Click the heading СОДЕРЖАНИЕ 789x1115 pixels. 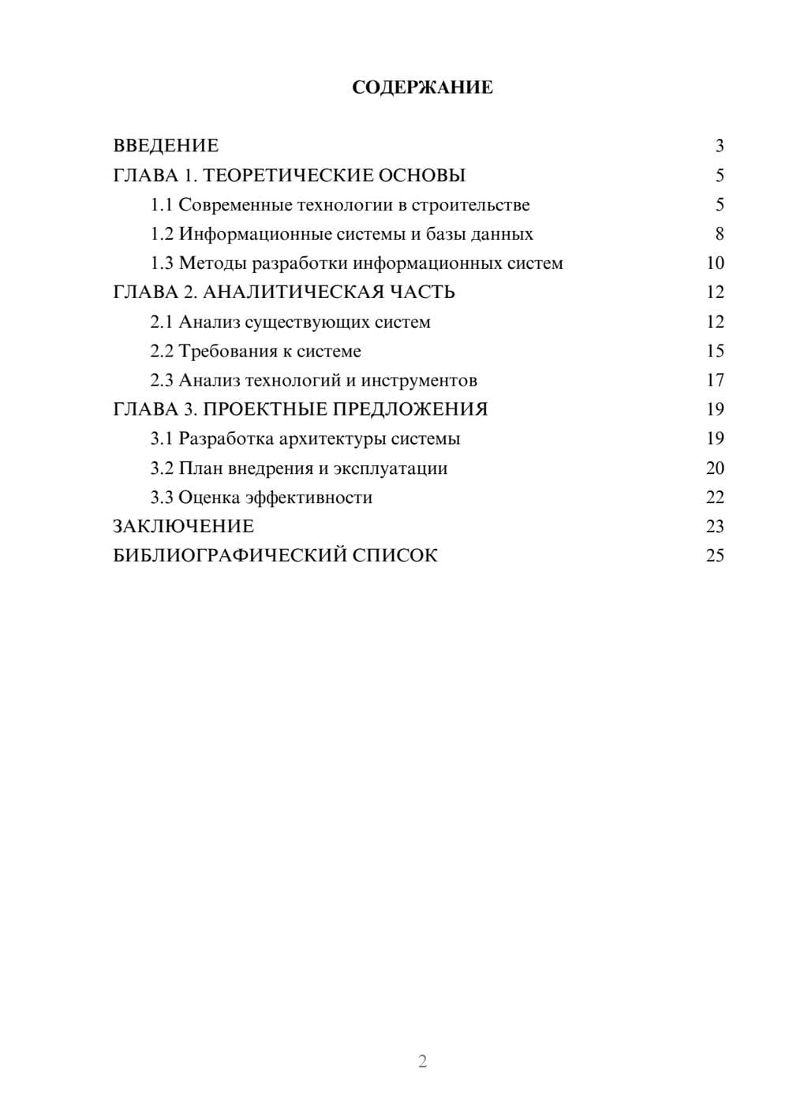pyautogui.click(x=422, y=88)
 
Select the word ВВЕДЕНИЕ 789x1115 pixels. pyautogui.click(x=166, y=146)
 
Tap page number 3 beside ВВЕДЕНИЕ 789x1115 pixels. pyautogui.click(x=719, y=146)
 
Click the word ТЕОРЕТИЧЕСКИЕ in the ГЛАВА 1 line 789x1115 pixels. pyautogui.click(x=283, y=175)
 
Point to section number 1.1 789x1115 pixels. pyautogui.click(x=162, y=205)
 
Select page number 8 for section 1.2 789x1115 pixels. pyautogui.click(x=719, y=234)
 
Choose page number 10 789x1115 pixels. pyautogui.click(x=715, y=263)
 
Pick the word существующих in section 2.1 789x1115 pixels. pyautogui.click(x=303, y=322)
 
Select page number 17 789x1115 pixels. pyautogui.click(x=715, y=380)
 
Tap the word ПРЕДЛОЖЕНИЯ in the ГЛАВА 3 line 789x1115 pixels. pyautogui.click(x=409, y=409)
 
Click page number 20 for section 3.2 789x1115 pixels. pyautogui.click(x=715, y=468)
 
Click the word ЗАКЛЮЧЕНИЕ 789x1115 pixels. pyautogui.click(x=183, y=526)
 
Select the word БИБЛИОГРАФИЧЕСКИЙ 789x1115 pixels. pyautogui.click(x=230, y=555)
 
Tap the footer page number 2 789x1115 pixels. pyautogui.click(x=422, y=1061)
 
